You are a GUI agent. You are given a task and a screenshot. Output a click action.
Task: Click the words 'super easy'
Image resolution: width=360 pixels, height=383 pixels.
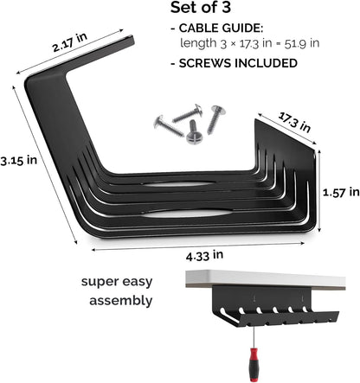(x=120, y=282)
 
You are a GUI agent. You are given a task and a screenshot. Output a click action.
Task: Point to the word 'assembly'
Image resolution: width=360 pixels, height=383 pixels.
(x=120, y=301)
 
